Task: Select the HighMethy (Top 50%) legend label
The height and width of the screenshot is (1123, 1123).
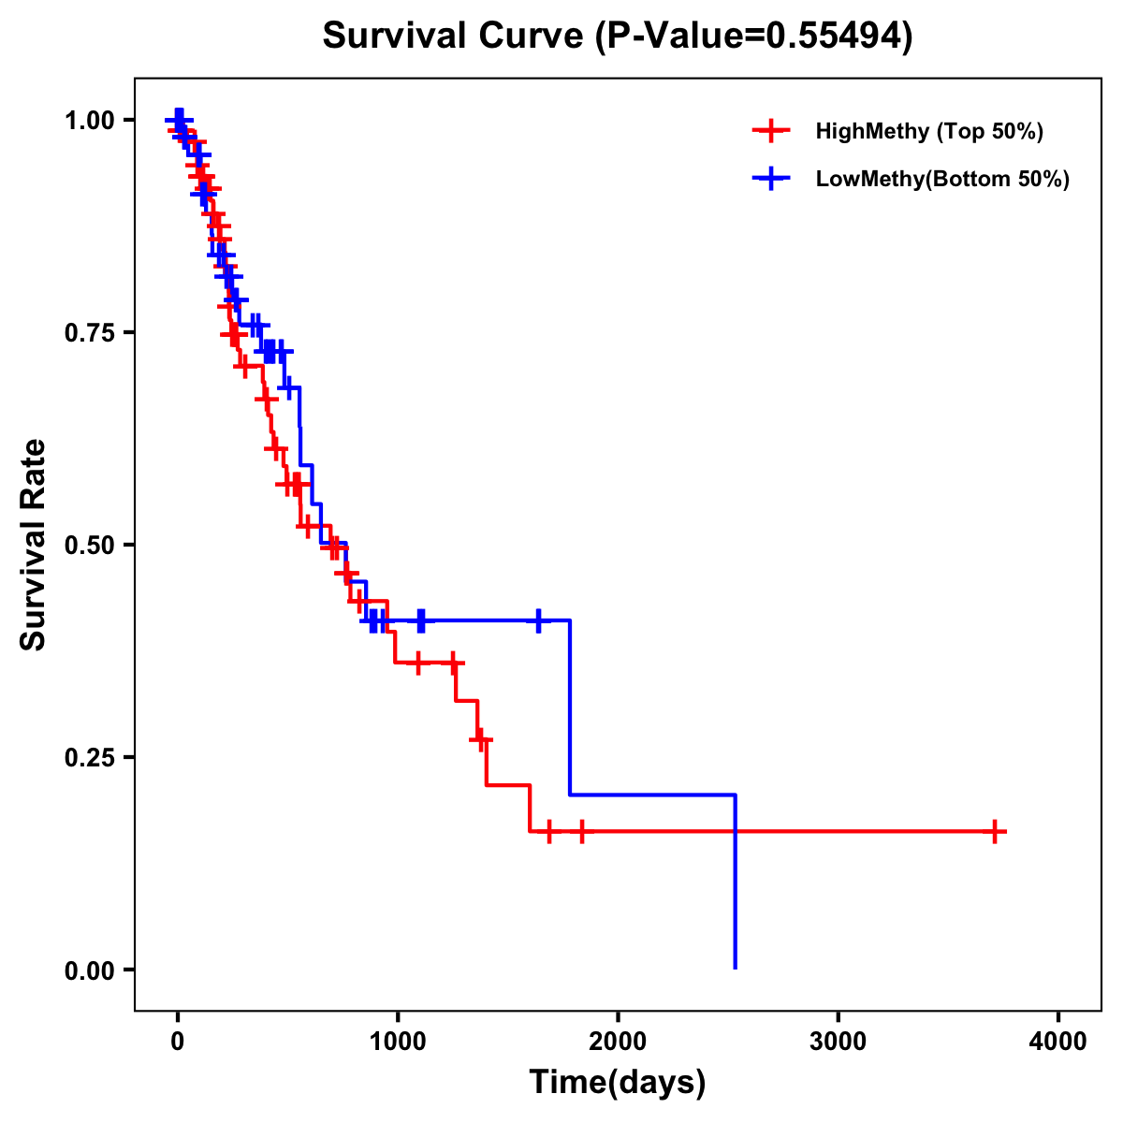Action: pyautogui.click(x=928, y=131)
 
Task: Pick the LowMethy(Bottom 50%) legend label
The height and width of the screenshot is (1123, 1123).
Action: pyautogui.click(x=942, y=180)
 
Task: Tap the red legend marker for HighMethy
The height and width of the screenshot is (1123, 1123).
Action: pyautogui.click(x=770, y=131)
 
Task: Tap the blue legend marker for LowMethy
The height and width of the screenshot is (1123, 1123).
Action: pyautogui.click(x=770, y=180)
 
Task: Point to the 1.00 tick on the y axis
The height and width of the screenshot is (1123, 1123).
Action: pyautogui.click(x=89, y=120)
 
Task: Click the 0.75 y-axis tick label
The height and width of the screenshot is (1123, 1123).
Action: pyautogui.click(x=89, y=332)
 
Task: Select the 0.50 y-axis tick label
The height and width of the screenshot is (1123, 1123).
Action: pyautogui.click(x=89, y=545)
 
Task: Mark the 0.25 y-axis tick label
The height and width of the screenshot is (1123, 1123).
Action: pyautogui.click(x=89, y=757)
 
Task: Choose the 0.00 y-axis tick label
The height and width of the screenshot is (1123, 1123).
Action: pyautogui.click(x=89, y=970)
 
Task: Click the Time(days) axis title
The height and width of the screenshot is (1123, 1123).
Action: pyautogui.click(x=618, y=1083)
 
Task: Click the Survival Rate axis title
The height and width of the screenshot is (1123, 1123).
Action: pyautogui.click(x=34, y=544)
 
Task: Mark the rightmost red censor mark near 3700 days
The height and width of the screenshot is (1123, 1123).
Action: pyautogui.click(x=995, y=831)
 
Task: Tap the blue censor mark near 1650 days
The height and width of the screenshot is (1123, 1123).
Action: pyautogui.click(x=538, y=620)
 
